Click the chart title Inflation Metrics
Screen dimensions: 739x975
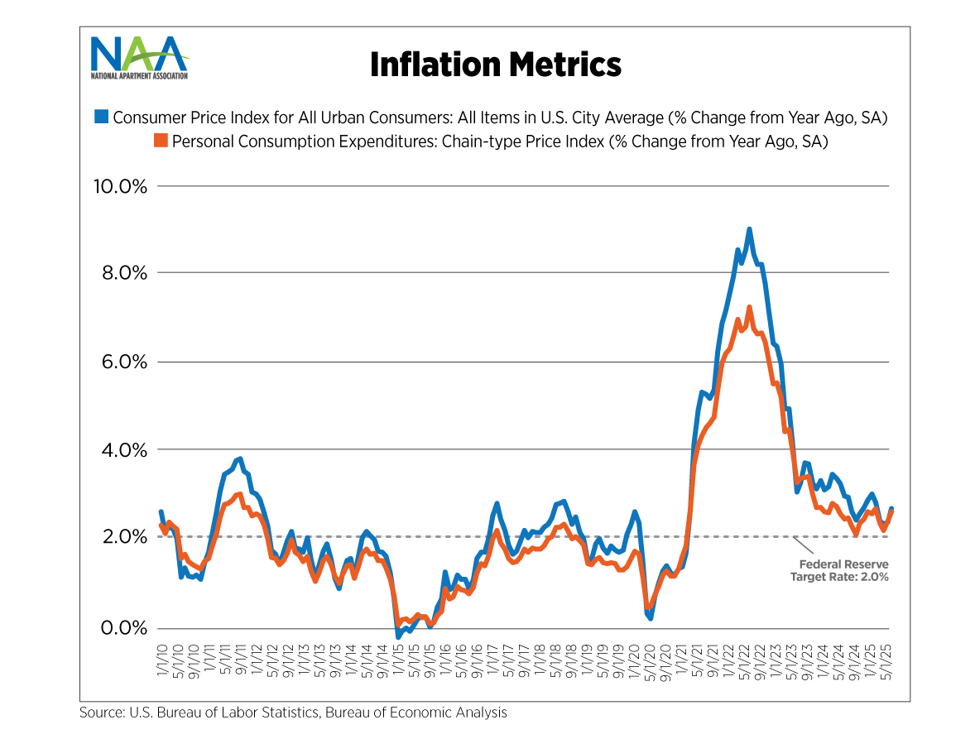[x=495, y=64]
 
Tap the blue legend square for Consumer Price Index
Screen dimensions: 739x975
[x=101, y=117]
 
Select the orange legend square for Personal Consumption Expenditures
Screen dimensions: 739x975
[x=161, y=142]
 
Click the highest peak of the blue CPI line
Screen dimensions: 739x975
[x=749, y=229]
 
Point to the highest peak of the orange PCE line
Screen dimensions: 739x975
[x=749, y=308]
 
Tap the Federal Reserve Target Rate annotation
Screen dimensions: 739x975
[x=839, y=571]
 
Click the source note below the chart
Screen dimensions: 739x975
[x=293, y=713]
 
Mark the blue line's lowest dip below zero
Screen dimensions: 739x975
[x=398, y=636]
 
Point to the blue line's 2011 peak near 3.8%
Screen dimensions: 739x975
[x=239, y=458]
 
